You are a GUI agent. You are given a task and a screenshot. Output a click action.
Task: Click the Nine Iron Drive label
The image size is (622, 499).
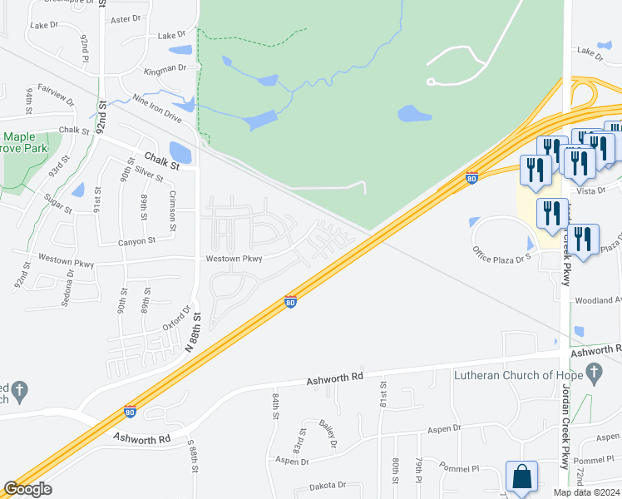[151, 106]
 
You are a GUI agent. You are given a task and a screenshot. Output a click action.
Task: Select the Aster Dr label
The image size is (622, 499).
[126, 18]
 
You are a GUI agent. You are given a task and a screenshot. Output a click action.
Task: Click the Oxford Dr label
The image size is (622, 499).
[171, 316]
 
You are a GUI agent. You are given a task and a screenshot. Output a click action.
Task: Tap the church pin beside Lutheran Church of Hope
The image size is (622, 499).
[594, 375]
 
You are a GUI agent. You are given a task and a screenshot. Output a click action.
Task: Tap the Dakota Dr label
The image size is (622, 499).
[327, 485]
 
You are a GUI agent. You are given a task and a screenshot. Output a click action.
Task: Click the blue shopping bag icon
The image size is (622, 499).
[521, 478]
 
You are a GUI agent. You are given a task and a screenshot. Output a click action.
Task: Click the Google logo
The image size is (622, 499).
[27, 489]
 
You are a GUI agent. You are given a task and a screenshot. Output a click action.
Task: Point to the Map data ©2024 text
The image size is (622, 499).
[585, 492]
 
